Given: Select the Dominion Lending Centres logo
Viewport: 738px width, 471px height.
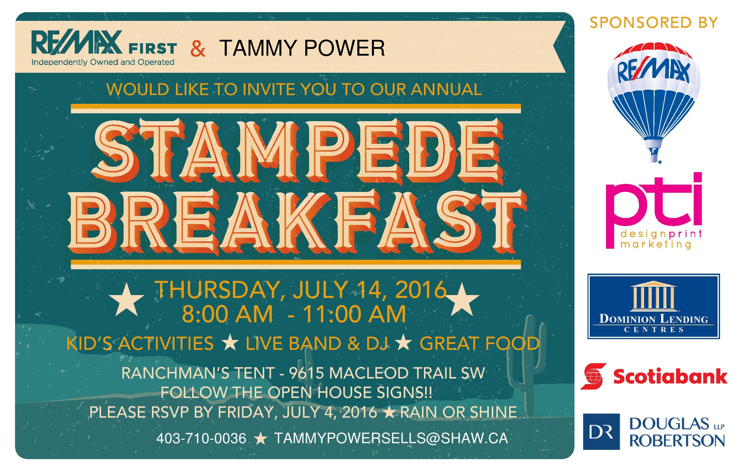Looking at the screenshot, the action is (654, 306).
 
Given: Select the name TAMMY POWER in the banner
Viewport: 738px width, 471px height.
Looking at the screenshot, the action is (302, 48).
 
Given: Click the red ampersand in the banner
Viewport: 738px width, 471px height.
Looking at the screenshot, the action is (198, 49).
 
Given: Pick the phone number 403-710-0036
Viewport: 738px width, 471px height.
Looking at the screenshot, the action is (201, 439).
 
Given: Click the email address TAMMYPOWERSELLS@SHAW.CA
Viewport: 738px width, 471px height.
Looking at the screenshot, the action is (391, 439).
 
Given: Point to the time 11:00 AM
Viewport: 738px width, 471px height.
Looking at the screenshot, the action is (354, 314).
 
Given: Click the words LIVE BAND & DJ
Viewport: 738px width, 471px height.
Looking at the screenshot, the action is (317, 343).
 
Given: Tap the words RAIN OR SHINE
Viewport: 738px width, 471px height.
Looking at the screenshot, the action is (458, 412).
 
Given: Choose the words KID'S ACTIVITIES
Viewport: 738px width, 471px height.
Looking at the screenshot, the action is (140, 343).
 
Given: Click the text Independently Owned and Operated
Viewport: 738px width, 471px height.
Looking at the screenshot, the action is (103, 62).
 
